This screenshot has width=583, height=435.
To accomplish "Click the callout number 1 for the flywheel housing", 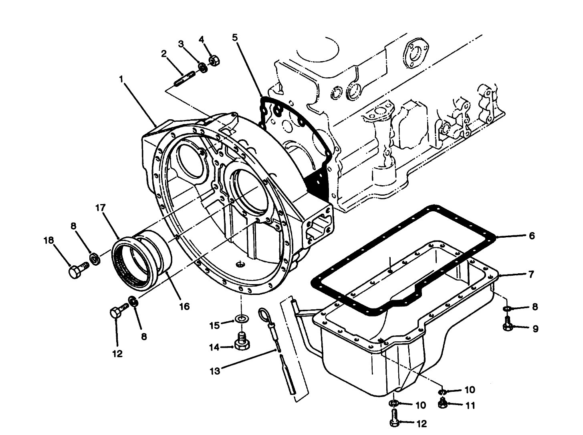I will pyautogui.click(x=121, y=79).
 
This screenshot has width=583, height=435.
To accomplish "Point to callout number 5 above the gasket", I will pyautogui.click(x=235, y=37).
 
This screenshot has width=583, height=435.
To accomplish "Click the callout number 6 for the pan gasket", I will pyautogui.click(x=532, y=236).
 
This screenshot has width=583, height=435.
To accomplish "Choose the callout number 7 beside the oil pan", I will pyautogui.click(x=531, y=275).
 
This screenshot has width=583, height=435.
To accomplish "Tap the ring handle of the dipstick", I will pyautogui.click(x=264, y=313).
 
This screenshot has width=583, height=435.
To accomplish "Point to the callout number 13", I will pyautogui.click(x=215, y=371).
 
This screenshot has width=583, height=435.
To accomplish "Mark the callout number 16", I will pyautogui.click(x=184, y=307).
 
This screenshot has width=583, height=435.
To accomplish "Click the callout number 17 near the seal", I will pyautogui.click(x=100, y=208).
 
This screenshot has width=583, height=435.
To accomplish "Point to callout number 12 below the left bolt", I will pyautogui.click(x=117, y=354).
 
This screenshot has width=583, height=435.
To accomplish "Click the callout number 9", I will pyautogui.click(x=535, y=329).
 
